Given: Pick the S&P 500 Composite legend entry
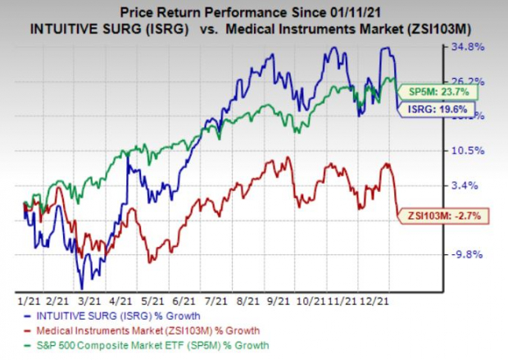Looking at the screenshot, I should [131, 342].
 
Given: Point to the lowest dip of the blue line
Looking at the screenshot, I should [82, 286].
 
